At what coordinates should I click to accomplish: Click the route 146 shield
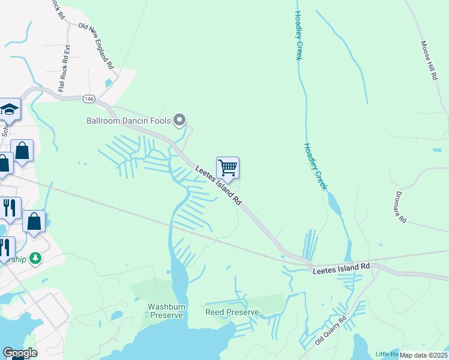(89, 98)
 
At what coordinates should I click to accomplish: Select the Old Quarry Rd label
(331, 331)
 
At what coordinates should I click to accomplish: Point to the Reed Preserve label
(232, 313)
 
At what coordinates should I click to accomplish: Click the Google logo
(20, 353)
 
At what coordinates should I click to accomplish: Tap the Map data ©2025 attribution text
(424, 355)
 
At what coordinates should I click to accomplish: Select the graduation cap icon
(9, 110)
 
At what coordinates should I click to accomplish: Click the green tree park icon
(37, 257)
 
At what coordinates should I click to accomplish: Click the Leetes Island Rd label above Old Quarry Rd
(341, 268)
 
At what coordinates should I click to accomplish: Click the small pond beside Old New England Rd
(109, 83)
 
